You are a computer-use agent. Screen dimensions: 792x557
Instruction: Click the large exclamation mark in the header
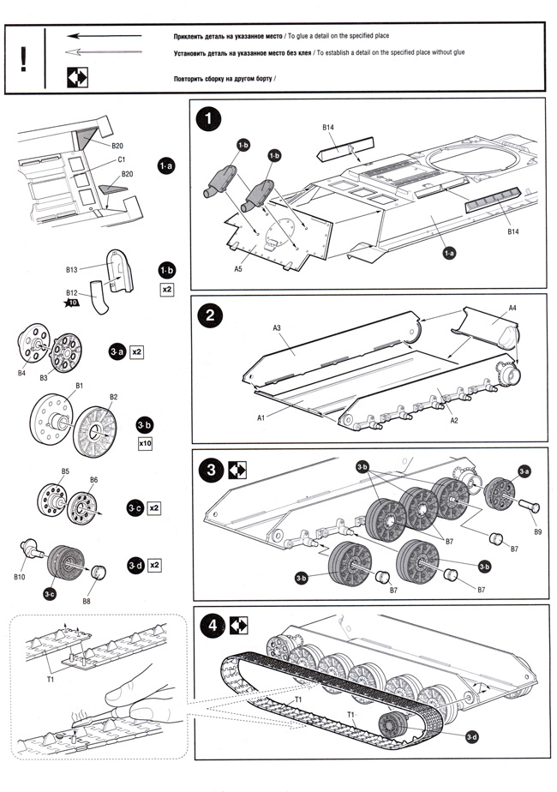(x=25, y=57)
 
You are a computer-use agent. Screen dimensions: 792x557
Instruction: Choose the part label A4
(x=512, y=308)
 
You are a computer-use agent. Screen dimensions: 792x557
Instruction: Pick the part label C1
(x=122, y=159)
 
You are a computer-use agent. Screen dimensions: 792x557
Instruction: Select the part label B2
(x=114, y=397)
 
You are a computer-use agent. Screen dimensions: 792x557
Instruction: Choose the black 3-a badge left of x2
(x=116, y=352)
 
